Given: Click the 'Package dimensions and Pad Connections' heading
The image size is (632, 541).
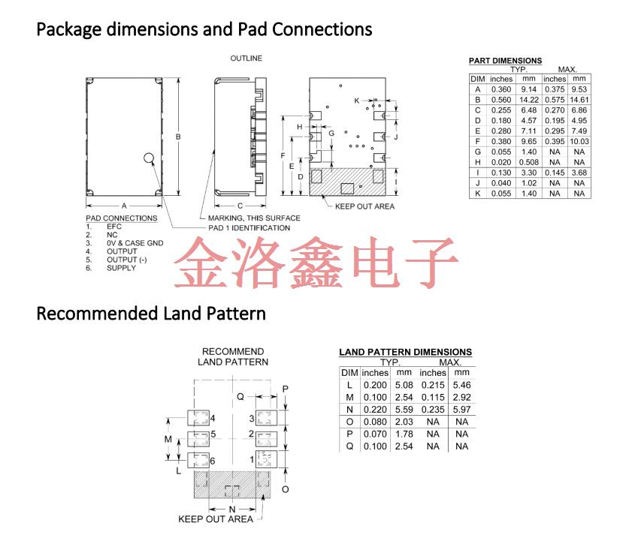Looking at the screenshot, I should (204, 30).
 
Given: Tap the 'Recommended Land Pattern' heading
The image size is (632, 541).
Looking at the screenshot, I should (151, 313).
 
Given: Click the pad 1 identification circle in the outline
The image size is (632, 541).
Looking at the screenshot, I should (150, 158).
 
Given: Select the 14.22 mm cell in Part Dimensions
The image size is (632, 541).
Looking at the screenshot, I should (528, 100).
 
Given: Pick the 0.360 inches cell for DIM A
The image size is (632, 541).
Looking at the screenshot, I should (501, 89).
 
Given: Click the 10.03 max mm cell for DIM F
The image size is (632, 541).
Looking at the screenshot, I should (579, 141).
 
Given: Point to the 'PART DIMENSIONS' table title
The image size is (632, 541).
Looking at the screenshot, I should (505, 61).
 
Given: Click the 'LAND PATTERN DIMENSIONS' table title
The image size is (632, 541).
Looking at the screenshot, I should (406, 352).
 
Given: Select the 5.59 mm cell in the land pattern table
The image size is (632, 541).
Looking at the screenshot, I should (404, 409).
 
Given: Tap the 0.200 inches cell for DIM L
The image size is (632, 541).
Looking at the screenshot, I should (375, 385).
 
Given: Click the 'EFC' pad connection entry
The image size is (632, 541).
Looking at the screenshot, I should (114, 226).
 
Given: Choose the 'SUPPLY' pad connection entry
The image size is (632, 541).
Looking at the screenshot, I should (121, 268).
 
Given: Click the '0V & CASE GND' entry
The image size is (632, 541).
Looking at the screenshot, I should (135, 243).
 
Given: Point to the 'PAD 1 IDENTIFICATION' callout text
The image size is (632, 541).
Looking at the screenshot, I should (249, 228).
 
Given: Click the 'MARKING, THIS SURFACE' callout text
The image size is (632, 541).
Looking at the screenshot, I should (254, 218).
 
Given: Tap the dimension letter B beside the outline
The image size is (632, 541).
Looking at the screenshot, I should (177, 137).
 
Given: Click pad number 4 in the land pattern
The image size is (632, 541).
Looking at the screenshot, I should (213, 418).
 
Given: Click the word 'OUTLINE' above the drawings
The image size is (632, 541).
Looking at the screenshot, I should (246, 59).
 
